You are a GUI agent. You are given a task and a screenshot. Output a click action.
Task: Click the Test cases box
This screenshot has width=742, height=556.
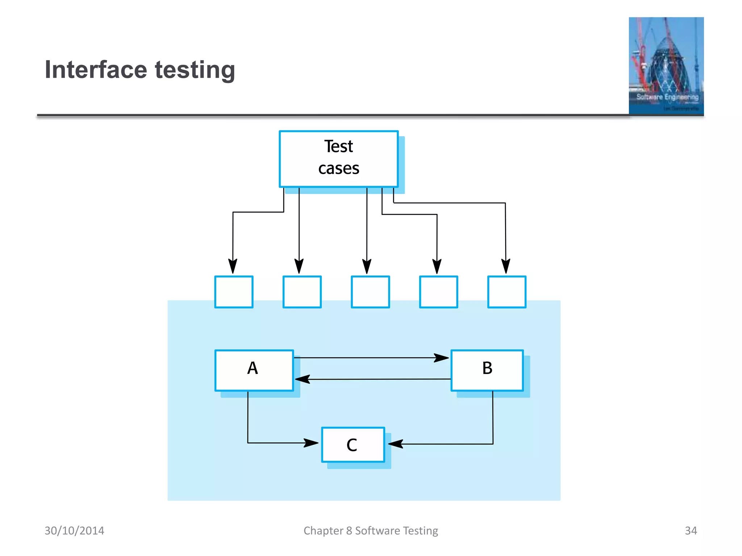coord(338,159)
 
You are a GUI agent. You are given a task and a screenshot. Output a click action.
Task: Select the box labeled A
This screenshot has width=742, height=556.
coord(254,370)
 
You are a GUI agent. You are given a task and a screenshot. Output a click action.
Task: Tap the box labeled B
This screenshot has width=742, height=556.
coord(487,370)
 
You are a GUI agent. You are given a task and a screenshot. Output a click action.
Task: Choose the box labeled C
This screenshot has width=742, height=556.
coord(353,445)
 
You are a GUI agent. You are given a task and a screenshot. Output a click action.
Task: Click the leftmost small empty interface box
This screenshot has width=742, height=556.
coord(234,292)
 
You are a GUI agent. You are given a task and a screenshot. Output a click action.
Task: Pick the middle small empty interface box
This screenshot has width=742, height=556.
coord(370,292)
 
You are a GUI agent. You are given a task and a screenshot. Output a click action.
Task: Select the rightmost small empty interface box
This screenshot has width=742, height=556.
coord(507,292)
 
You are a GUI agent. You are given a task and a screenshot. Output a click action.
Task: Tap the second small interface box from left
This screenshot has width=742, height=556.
coord(302,292)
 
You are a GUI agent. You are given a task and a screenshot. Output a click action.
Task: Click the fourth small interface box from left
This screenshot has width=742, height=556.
coord(438,292)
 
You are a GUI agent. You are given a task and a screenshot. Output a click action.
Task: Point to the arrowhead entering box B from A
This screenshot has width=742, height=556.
coord(442,358)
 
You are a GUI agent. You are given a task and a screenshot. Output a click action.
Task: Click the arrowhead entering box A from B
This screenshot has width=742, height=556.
coord(302,379)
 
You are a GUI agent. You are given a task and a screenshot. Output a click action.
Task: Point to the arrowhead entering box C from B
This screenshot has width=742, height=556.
coord(396,444)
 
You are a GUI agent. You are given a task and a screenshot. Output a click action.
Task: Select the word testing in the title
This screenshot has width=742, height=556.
coord(195,70)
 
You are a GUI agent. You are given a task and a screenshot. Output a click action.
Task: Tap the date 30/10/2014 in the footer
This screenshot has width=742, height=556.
coord(74,531)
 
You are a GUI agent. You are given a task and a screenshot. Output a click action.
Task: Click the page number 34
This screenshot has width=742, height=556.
coord(691,531)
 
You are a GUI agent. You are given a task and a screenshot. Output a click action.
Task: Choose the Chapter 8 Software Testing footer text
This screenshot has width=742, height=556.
coord(371,531)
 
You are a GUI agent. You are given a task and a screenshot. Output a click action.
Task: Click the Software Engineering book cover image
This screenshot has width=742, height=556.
coord(666,66)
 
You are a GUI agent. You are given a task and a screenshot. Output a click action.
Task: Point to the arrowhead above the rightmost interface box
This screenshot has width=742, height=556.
coord(506,266)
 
